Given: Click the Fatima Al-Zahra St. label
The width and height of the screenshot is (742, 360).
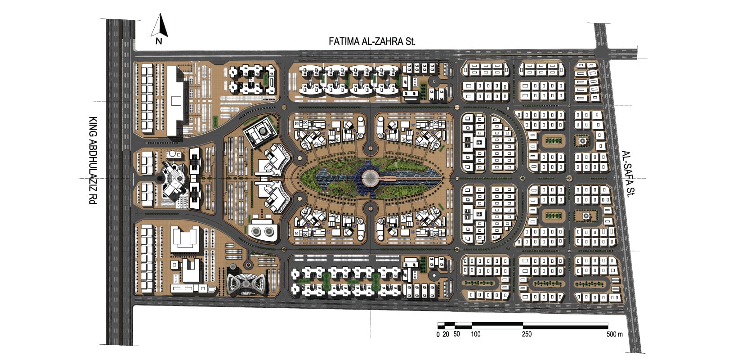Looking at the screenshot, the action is tap(371, 41).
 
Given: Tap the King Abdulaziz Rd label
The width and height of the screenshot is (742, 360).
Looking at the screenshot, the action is tap(93, 160).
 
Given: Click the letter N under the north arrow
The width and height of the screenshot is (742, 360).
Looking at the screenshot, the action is tap(159, 41).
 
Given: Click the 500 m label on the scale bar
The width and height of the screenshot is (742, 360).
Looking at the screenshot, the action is tap(614, 334).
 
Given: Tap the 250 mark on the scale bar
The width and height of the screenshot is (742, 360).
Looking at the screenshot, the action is tap(527, 334).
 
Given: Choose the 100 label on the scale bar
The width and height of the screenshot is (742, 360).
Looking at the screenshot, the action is tap(476, 334).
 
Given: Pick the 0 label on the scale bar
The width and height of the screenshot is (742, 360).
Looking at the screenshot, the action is tap(438, 334).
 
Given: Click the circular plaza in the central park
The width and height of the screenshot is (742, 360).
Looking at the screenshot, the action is tap(371, 178).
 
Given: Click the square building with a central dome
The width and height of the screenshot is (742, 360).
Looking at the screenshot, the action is tap(261, 131).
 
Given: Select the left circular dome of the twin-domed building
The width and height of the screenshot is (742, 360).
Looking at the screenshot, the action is tap(256, 231).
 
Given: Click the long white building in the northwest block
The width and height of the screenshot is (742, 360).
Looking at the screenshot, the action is tap(175, 101).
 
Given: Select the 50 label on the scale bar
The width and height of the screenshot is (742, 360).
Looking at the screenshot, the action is tap(456, 334).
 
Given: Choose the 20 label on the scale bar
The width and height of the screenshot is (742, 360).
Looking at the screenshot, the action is tap(446, 334).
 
